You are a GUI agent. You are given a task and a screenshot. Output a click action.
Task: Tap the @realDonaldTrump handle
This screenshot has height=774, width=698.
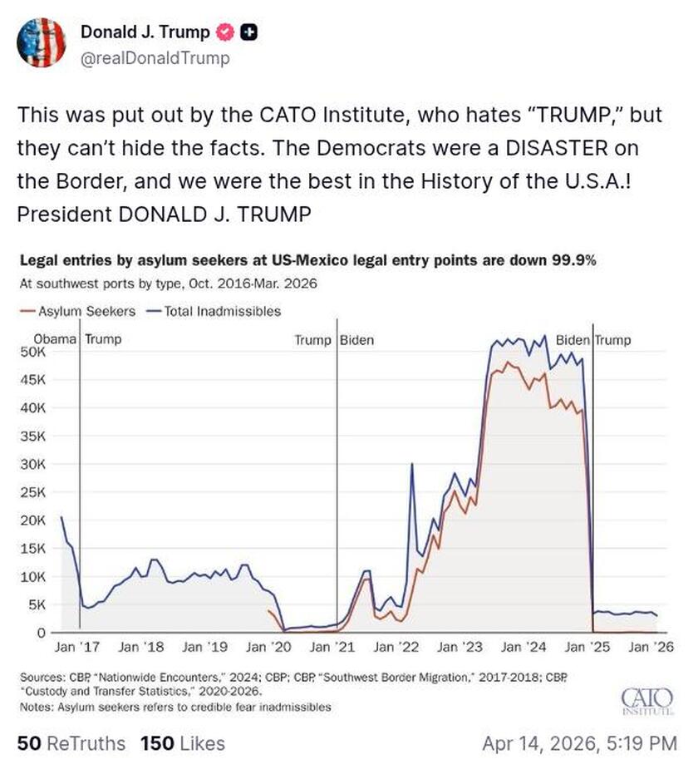pos(155,58)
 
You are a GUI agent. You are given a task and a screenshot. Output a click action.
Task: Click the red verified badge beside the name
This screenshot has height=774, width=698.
pos(224,32)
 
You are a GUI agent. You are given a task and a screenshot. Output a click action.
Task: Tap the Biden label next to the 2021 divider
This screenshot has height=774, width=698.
pos(356,340)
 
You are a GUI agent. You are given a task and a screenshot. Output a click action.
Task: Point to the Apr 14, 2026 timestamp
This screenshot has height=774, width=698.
pos(579,742)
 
